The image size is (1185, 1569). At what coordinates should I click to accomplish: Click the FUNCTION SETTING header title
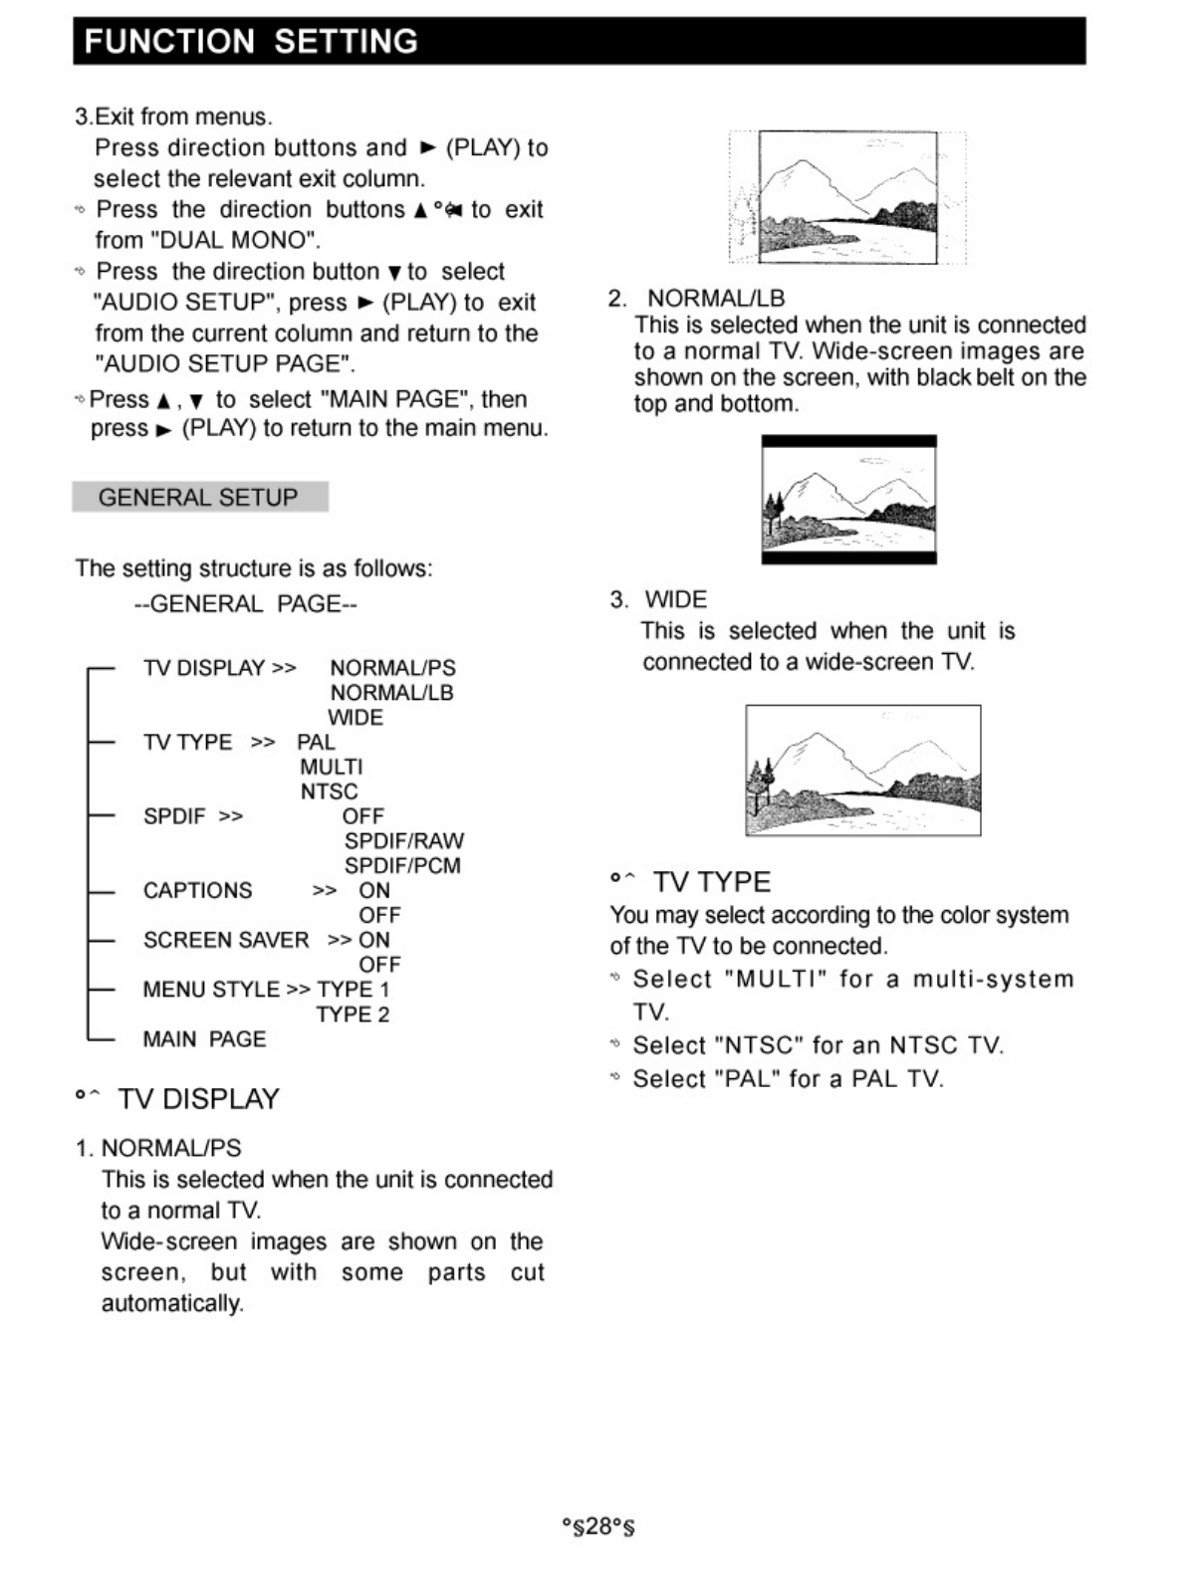click(251, 42)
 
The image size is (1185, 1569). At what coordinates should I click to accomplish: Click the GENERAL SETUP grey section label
click(198, 497)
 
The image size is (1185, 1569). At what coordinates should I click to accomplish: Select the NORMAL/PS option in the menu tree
click(392, 668)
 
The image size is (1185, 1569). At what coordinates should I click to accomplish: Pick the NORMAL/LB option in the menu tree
click(391, 693)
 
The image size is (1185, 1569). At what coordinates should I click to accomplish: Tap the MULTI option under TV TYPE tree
click(332, 767)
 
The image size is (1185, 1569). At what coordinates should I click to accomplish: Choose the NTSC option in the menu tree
click(329, 791)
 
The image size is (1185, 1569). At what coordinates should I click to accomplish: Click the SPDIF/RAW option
click(403, 841)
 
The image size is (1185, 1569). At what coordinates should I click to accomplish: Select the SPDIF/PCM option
click(402, 866)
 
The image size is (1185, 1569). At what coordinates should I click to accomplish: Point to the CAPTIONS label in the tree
click(197, 890)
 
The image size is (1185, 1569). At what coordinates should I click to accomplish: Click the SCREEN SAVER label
click(226, 940)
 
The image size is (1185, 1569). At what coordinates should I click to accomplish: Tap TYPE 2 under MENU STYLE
click(353, 1014)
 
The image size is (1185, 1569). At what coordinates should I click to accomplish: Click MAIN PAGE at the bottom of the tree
click(204, 1039)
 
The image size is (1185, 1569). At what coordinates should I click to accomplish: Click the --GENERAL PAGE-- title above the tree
click(245, 604)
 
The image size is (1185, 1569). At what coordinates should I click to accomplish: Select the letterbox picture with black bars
click(848, 500)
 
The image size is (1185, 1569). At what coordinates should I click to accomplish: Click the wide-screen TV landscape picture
click(862, 771)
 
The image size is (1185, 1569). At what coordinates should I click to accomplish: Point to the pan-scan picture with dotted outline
click(847, 197)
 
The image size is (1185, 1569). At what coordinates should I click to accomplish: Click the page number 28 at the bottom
click(598, 1526)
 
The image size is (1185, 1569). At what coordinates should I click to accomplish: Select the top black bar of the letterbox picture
click(848, 441)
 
